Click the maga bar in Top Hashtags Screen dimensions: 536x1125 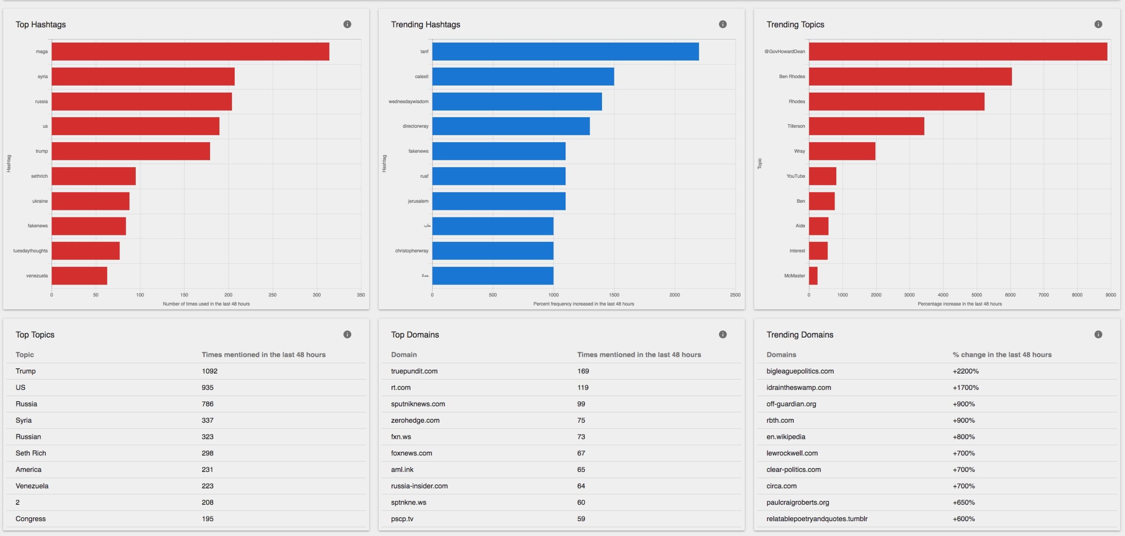click(x=190, y=51)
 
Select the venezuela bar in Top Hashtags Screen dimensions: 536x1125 click(x=79, y=276)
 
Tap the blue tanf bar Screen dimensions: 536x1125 click(x=565, y=51)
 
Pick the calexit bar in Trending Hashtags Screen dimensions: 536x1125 click(x=523, y=76)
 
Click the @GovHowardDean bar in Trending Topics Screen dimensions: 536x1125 click(x=958, y=51)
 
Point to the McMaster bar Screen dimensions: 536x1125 click(x=813, y=276)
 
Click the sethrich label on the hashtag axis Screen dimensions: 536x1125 click(x=39, y=176)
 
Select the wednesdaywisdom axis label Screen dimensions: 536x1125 click(x=408, y=101)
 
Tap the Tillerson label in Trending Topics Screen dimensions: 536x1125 click(x=796, y=126)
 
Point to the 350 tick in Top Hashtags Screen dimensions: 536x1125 click(x=361, y=295)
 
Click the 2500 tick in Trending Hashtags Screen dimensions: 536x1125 click(x=735, y=295)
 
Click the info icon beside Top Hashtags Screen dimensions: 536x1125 click(x=347, y=24)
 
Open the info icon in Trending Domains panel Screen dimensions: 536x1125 click(x=1098, y=335)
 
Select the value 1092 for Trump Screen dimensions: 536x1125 click(x=210, y=371)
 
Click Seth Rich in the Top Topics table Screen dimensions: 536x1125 click(x=31, y=453)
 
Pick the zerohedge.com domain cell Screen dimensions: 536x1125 click(x=415, y=420)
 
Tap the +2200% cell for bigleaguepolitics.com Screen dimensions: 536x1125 click(x=965, y=371)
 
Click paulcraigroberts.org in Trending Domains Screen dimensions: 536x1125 click(x=798, y=502)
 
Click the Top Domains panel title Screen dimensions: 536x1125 click(x=415, y=335)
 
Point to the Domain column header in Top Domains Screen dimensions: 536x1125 click(x=404, y=355)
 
